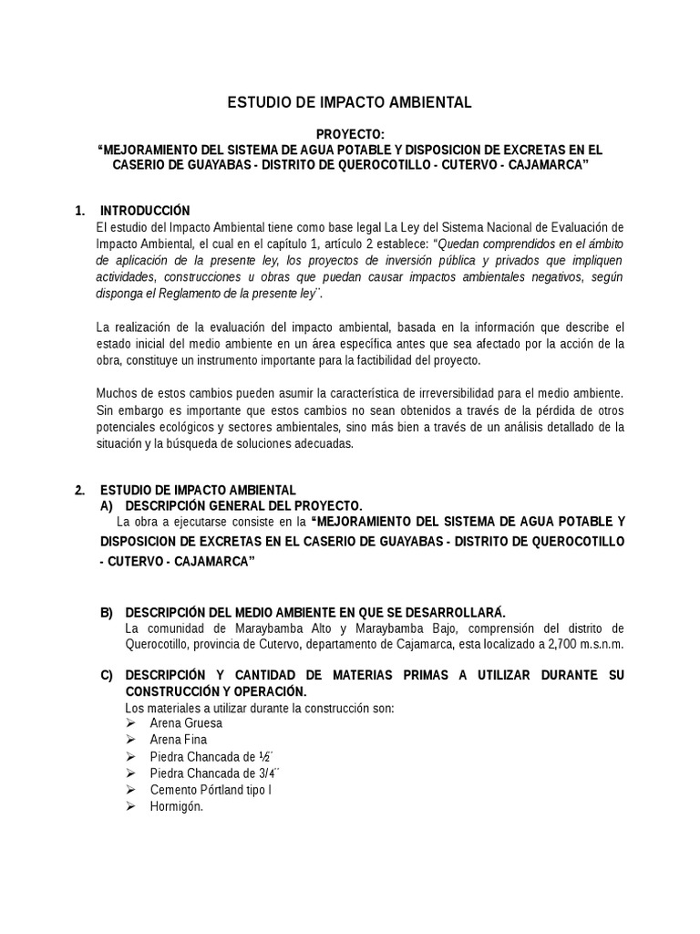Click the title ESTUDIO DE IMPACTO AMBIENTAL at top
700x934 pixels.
[349, 103]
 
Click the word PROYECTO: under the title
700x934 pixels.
[349, 133]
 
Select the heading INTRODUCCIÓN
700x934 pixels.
[145, 211]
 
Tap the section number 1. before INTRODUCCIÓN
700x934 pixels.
[80, 211]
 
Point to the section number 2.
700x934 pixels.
[80, 490]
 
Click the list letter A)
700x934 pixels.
[108, 505]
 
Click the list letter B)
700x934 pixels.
[108, 611]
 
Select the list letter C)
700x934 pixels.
[108, 675]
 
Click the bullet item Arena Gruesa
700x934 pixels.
[185, 723]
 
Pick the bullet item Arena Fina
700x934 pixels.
[178, 740]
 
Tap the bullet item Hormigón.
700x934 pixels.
[176, 806]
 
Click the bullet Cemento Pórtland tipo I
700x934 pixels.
[210, 790]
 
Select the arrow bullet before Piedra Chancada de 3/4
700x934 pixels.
[131, 773]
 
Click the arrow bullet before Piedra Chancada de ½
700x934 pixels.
[131, 756]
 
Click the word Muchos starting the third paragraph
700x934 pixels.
[118, 393]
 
